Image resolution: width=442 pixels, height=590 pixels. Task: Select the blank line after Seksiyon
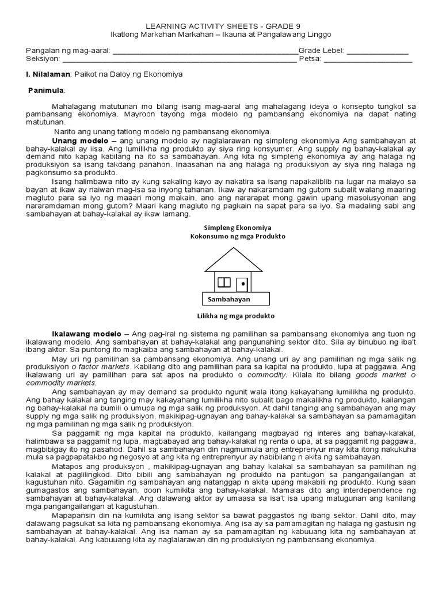click(x=179, y=59)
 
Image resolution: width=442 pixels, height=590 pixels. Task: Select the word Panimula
click(x=47, y=91)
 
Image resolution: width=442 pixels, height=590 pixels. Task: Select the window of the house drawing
click(x=224, y=282)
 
